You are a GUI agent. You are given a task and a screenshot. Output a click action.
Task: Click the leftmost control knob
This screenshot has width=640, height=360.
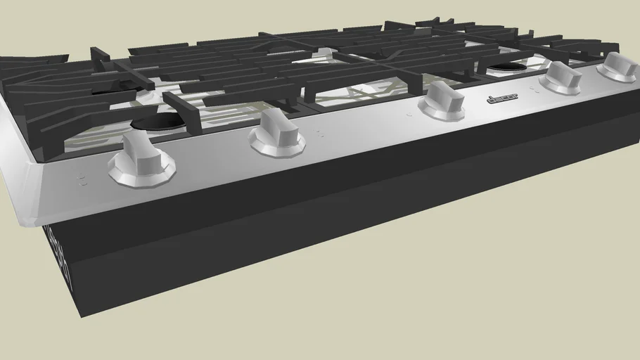click(141, 161)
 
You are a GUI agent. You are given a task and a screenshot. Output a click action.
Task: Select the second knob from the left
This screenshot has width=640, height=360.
click(278, 133)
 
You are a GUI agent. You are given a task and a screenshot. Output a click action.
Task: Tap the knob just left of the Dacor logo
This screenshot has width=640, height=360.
click(442, 100)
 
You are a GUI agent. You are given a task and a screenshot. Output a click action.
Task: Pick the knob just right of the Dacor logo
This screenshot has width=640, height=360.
click(561, 77)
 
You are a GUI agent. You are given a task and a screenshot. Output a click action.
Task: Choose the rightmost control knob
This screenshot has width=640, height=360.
click(617, 67)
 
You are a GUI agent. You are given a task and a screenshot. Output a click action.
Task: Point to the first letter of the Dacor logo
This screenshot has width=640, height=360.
click(489, 101)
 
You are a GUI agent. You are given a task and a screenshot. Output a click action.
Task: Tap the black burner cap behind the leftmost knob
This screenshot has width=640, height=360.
click(158, 121)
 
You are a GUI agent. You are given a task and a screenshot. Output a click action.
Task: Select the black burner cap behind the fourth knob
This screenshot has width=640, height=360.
click(508, 67)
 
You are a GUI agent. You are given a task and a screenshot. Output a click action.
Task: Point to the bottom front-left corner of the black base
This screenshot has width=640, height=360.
click(81, 316)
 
